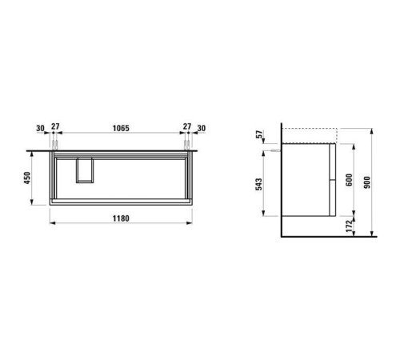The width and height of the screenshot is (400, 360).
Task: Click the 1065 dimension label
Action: tap(121, 128)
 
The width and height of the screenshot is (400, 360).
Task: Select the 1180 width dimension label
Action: tap(121, 218)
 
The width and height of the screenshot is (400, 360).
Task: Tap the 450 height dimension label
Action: tap(27, 178)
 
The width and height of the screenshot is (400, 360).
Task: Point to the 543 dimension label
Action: tap(258, 184)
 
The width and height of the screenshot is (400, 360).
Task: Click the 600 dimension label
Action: tap(349, 180)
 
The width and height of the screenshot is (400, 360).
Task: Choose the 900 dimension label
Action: tap(367, 182)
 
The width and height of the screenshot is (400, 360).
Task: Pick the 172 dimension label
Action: tap(349, 226)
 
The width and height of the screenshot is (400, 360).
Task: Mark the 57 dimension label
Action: tap(258, 134)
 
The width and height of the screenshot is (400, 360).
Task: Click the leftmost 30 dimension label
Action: tap(40, 128)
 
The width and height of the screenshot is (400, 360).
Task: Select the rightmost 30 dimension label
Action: tap(202, 128)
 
